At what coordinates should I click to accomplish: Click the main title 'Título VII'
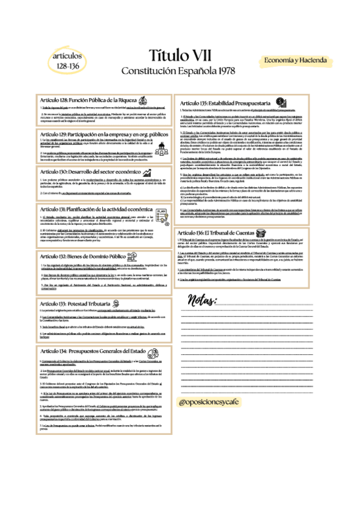point(180,57)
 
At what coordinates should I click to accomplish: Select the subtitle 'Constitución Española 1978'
point(180,71)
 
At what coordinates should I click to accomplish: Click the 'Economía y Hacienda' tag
point(294,61)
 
